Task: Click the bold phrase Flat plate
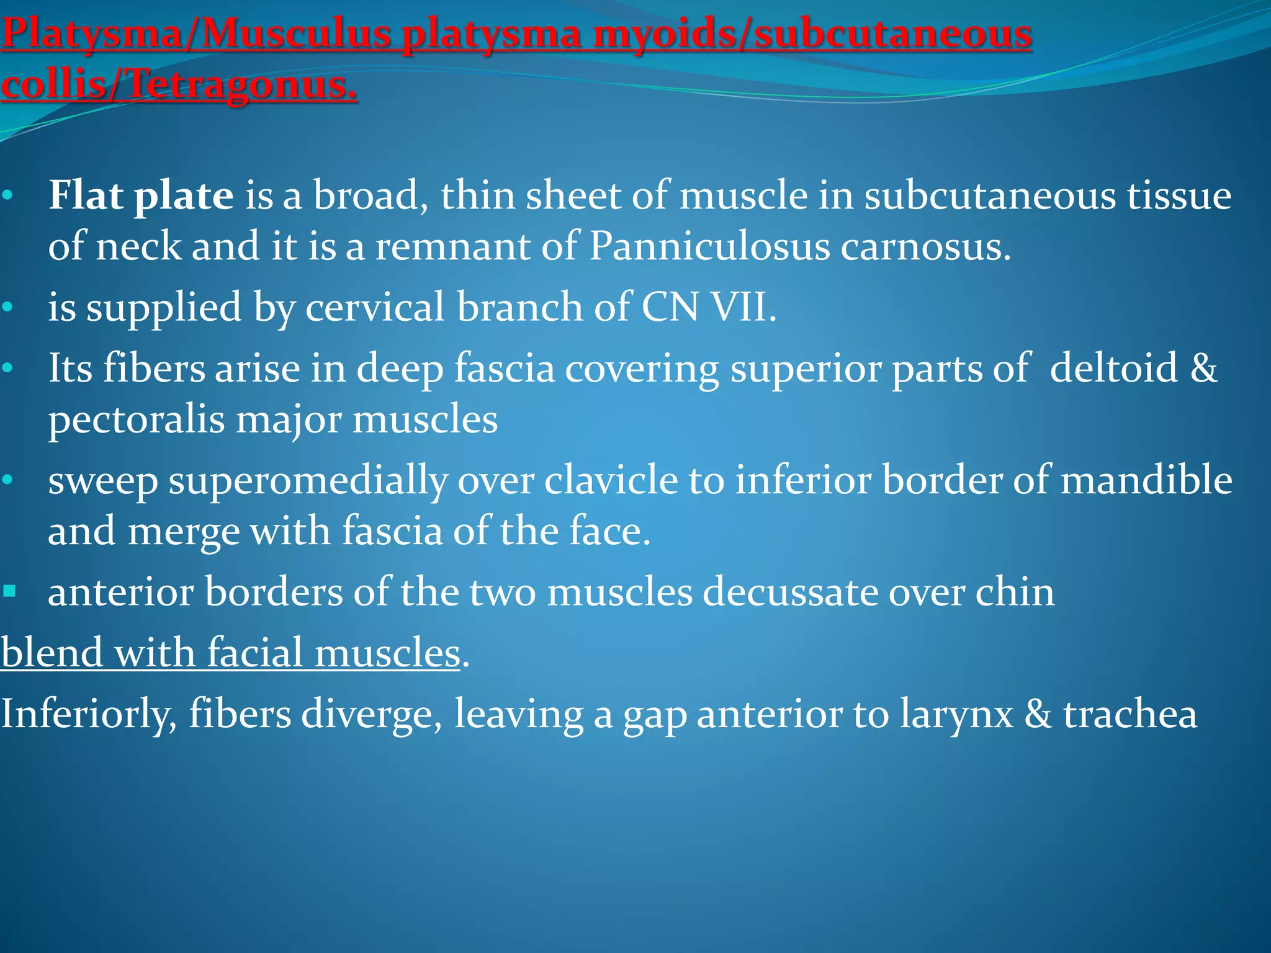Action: click(x=141, y=195)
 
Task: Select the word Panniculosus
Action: click(x=709, y=246)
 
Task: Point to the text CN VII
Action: click(x=708, y=307)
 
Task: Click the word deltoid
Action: click(x=1113, y=367)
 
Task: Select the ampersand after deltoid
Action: click(x=1203, y=367)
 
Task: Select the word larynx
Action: click(x=956, y=714)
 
